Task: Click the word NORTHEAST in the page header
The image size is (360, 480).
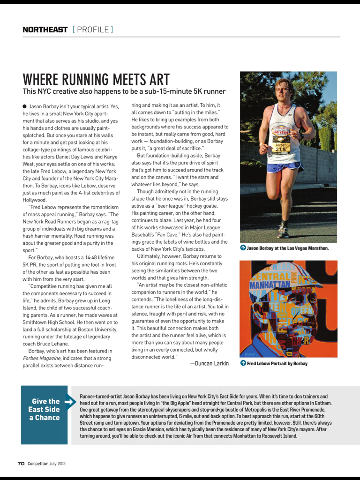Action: (x=45, y=30)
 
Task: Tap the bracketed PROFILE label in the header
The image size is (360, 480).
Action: (x=93, y=30)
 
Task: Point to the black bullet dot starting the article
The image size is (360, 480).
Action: (x=24, y=106)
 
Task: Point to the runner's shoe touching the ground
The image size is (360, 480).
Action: (x=283, y=232)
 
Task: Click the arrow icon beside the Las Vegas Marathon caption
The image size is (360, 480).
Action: (x=243, y=248)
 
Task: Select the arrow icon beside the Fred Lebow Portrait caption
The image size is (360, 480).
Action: (x=243, y=363)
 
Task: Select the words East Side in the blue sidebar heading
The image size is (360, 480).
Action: (x=44, y=409)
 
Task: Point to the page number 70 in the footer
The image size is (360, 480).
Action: (x=21, y=464)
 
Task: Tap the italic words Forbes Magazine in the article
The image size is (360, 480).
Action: (x=41, y=358)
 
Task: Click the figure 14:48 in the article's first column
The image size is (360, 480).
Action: (x=89, y=257)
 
